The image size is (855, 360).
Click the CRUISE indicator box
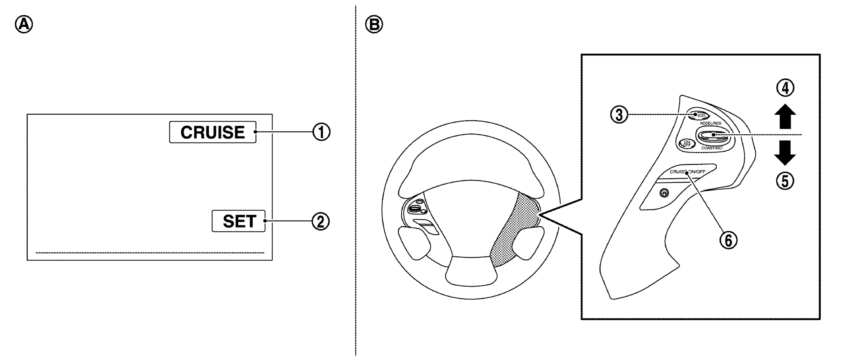coord(212,132)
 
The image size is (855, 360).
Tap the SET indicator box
coord(238,221)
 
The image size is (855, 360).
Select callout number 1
coord(321,132)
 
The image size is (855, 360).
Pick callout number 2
coord(321,221)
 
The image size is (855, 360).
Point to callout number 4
coord(785,88)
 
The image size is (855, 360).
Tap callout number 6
coord(728,240)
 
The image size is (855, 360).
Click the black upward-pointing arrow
coord(785,116)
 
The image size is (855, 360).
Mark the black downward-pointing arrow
coord(785,153)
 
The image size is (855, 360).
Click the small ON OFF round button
coord(686,144)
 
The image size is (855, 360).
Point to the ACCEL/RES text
coord(710,123)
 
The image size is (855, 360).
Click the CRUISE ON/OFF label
coord(687,171)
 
